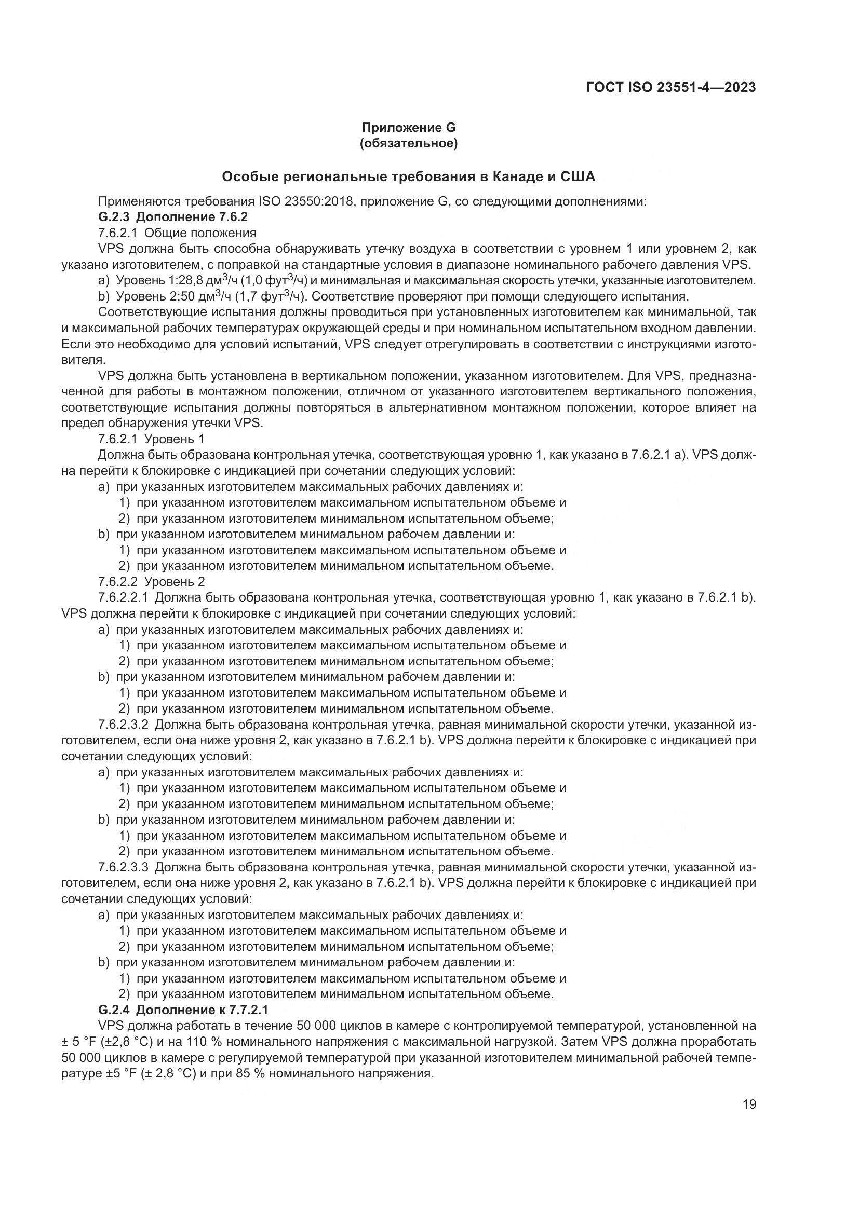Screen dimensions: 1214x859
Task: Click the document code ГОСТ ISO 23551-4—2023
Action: pyautogui.click(x=670, y=87)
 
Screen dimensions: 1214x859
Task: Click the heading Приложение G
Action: pyautogui.click(x=408, y=128)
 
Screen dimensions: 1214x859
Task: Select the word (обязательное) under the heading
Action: pyautogui.click(x=408, y=143)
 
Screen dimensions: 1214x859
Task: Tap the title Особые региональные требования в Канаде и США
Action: pyautogui.click(x=408, y=176)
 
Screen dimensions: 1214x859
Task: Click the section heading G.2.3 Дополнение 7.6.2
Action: pyautogui.click(x=172, y=217)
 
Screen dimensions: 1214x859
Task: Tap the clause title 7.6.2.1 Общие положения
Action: pyautogui.click(x=177, y=233)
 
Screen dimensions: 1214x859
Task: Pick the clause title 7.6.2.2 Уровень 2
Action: pyautogui.click(x=151, y=582)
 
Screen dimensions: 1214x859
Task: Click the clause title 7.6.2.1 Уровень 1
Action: pyautogui.click(x=151, y=439)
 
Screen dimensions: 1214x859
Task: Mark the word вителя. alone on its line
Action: pyautogui.click(x=84, y=360)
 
